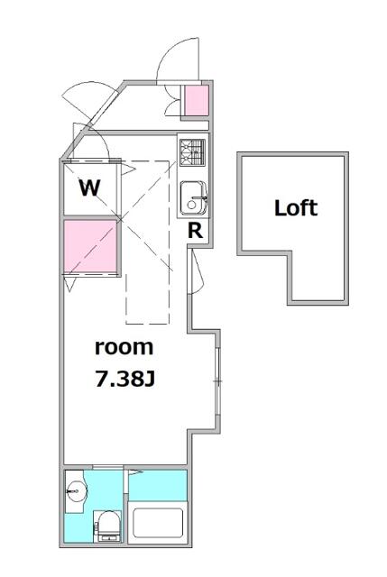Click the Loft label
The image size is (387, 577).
pos(296,208)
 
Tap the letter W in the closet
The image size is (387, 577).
pos(90,188)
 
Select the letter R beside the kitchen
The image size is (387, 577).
pos(195,231)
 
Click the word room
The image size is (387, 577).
pos(124,347)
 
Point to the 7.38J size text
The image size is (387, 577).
pos(124,379)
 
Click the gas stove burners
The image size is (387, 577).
pos(192,152)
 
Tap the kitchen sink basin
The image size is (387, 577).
pos(194,198)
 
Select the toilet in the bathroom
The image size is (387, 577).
pos(107,527)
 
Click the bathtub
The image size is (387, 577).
pos(158,523)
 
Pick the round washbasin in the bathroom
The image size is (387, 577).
pos(76,490)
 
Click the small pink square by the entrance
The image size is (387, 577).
pos(197,100)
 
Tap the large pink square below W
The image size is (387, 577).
pos(90,245)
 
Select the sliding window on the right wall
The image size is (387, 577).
pos(217,380)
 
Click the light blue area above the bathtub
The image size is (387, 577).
pos(158,485)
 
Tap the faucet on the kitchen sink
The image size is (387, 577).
pos(198,198)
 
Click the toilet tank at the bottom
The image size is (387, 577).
pos(108,539)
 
